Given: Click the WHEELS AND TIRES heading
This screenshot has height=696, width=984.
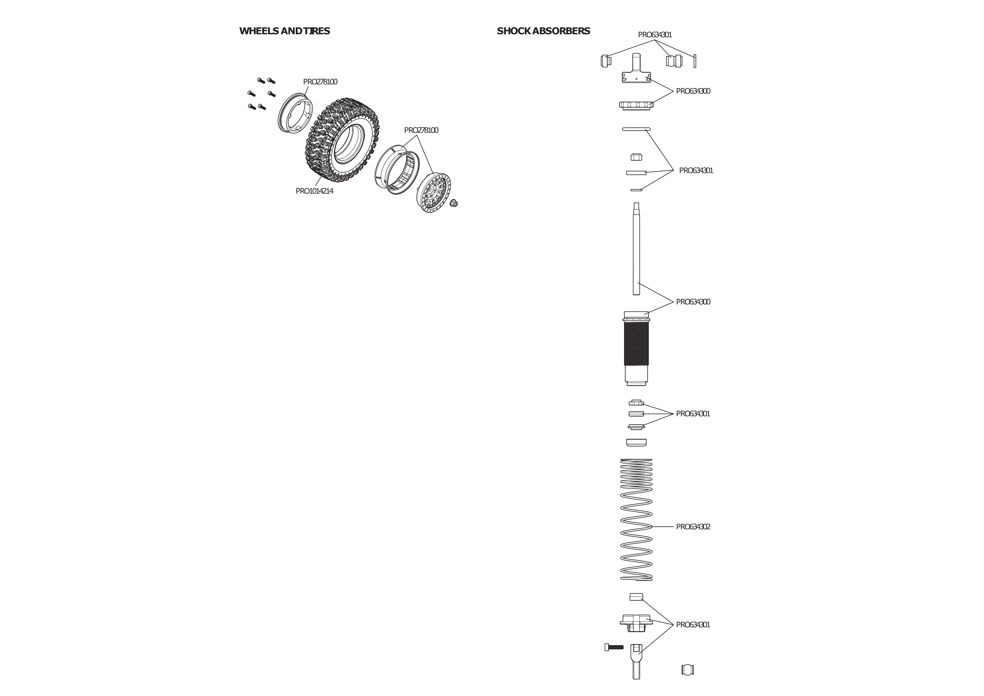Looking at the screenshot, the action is click(285, 31).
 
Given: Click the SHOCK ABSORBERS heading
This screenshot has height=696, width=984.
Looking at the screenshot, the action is click(543, 31).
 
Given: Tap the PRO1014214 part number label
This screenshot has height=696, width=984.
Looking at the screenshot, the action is click(314, 191).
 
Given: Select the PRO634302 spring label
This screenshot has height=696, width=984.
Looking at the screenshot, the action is click(693, 527).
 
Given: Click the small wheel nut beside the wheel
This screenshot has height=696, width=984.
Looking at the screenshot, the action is click(454, 203).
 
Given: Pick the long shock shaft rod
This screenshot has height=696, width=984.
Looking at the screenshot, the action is click(636, 249).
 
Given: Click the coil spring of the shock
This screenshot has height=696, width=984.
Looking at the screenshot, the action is click(636, 520).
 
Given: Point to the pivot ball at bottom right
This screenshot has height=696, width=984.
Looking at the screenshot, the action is click(687, 669).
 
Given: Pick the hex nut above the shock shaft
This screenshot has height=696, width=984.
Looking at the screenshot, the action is click(636, 157).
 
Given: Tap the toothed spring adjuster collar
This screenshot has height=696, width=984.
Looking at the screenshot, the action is click(636, 104).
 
